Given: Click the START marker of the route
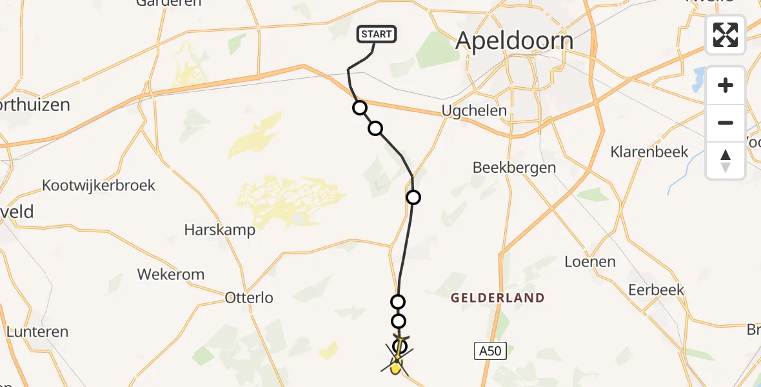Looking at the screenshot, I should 377,34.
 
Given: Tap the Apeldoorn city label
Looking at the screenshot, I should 514,41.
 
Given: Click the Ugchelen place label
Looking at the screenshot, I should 474,111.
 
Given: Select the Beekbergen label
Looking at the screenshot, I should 514,168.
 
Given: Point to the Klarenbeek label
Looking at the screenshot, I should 649,152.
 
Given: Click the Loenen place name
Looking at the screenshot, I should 589,262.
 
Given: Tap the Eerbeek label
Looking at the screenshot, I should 656,290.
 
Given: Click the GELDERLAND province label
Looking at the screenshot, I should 497,298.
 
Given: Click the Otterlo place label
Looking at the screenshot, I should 249,298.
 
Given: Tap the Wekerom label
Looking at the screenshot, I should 171,274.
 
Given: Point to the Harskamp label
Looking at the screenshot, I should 219,230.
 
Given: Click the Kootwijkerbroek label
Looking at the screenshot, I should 99,186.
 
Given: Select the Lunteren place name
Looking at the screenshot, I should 37,332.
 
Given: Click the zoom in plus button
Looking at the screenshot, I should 726,86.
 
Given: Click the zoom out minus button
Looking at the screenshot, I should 726,123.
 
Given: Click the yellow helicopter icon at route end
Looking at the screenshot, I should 396,366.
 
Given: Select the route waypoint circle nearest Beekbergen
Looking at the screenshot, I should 413,197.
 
